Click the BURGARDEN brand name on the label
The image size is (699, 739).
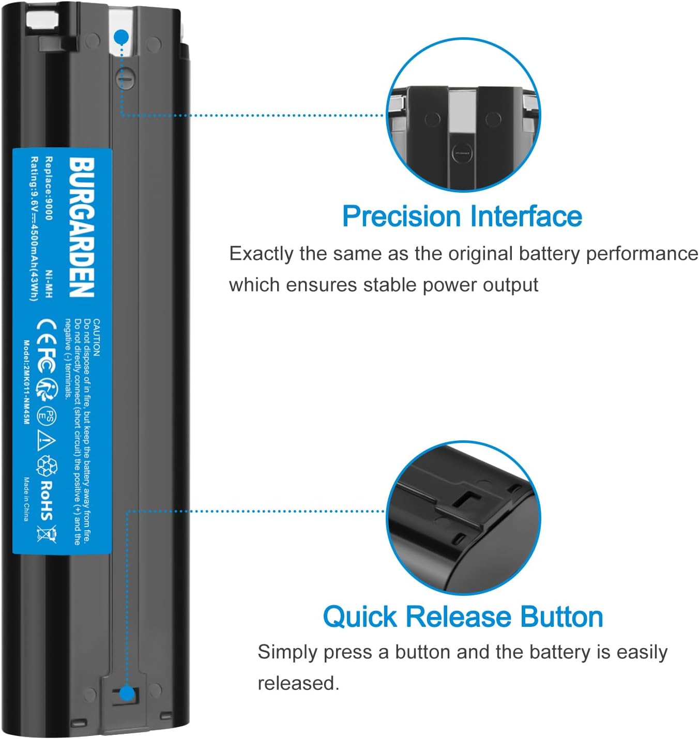point(82,227)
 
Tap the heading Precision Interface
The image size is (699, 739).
point(462,216)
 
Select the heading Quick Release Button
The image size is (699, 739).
point(463,617)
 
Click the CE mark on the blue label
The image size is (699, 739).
point(45,328)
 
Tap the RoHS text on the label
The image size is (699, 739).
point(47,500)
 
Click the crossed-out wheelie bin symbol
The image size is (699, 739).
point(46,533)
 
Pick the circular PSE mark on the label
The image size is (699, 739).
point(47,417)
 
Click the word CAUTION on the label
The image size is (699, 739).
point(97,337)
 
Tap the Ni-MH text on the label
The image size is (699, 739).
point(49,284)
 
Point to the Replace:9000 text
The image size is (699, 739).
point(49,188)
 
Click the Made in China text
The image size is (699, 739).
point(26,499)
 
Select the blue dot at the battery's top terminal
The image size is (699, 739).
point(121,37)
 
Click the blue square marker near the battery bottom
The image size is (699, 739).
point(127,694)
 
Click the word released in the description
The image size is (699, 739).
point(298,683)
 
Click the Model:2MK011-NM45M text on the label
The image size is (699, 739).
point(26,382)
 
